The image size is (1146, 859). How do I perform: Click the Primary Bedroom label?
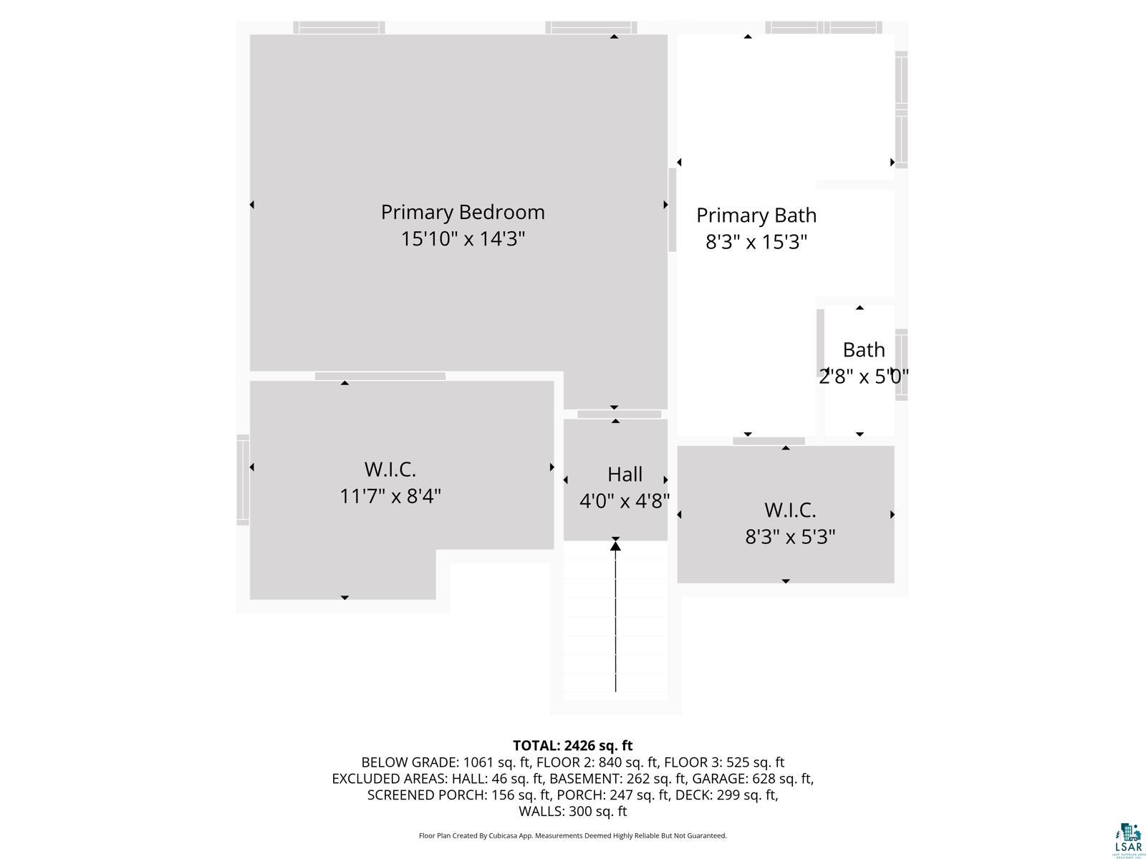point(463,212)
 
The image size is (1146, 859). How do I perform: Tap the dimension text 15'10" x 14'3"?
point(463,238)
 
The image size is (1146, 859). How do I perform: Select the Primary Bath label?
point(756,215)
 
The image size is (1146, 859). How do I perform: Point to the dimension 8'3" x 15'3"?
point(756,242)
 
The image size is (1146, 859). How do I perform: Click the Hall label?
point(625,474)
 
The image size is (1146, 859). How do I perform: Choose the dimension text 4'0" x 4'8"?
point(625,500)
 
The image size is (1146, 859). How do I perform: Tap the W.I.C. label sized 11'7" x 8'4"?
point(390,470)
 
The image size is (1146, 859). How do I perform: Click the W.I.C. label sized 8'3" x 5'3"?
point(790,510)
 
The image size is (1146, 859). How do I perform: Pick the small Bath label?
point(864,349)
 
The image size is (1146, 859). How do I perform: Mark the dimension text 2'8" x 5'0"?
point(864,376)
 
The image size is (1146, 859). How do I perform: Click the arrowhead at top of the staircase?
point(615,547)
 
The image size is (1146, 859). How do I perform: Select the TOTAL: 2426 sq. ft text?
point(572,746)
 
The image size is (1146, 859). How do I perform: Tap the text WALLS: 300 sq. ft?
point(572,811)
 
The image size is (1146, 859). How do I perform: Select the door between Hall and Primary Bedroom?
point(620,414)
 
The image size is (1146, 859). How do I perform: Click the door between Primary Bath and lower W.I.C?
point(769,441)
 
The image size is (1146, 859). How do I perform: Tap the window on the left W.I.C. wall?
point(243,480)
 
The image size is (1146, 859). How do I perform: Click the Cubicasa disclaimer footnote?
point(572,835)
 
